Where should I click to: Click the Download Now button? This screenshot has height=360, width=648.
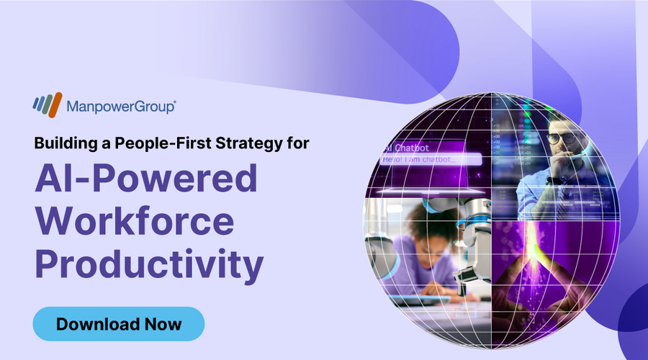[119, 323]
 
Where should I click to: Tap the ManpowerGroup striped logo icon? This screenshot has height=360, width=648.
[48, 106]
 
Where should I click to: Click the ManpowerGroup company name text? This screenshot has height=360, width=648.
[121, 107]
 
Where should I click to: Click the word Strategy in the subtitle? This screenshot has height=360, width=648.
[249, 143]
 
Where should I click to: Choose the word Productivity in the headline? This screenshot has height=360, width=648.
[149, 266]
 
